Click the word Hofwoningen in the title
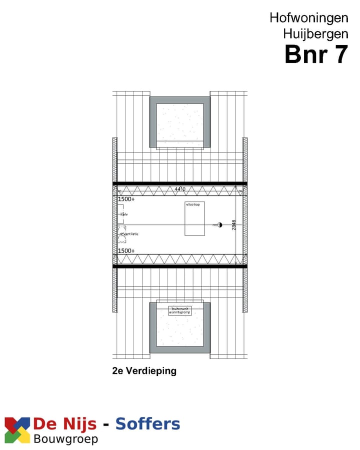[x=308, y=17]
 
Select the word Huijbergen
[x=315, y=34]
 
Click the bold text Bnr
[x=305, y=54]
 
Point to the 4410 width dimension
[x=180, y=189]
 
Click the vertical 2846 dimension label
[x=234, y=224]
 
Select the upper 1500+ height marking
[x=126, y=199]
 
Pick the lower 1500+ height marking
[x=126, y=250]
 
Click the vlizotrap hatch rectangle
[x=194, y=219]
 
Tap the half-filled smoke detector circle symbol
[x=219, y=225]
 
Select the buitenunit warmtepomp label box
[x=180, y=310]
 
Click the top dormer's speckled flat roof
[x=180, y=122]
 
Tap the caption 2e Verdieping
[x=144, y=371]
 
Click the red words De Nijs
[x=65, y=424]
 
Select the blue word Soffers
[x=147, y=424]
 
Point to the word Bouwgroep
[x=65, y=439]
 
